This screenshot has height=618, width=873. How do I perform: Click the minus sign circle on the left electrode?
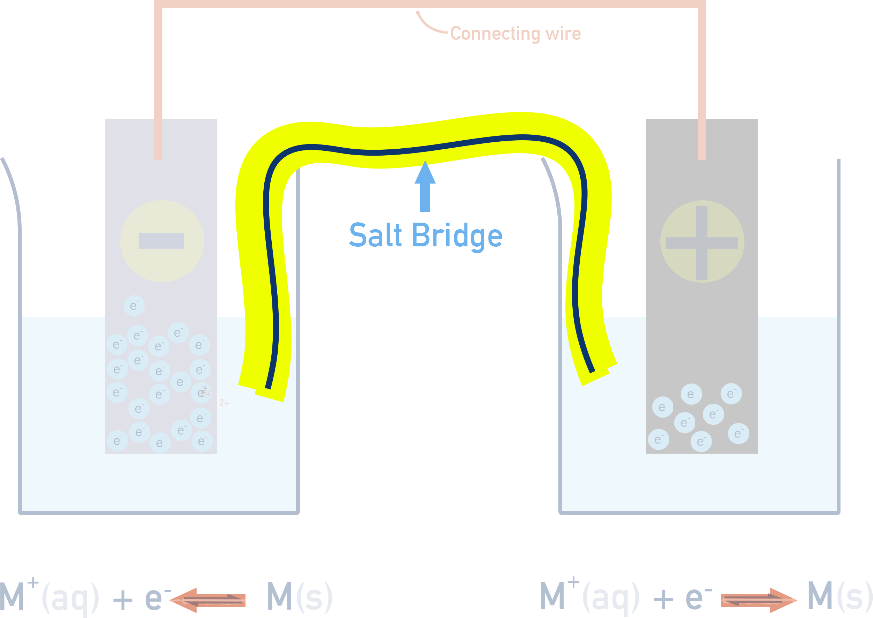tap(162, 241)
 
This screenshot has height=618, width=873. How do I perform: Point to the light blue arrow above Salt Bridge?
tap(425, 186)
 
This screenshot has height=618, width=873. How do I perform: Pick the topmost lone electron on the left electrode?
tap(134, 306)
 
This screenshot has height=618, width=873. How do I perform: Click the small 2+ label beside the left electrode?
tap(224, 403)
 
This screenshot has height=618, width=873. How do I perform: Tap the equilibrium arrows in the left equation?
tap(207, 600)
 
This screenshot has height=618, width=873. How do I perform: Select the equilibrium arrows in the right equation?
tap(759, 600)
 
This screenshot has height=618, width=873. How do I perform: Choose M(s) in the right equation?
tap(839, 597)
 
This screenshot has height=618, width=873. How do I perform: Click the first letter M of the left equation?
tap(12, 597)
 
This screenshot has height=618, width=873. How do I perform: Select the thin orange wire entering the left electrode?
tap(158, 139)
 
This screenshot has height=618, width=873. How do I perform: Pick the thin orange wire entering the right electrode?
tap(702, 139)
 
